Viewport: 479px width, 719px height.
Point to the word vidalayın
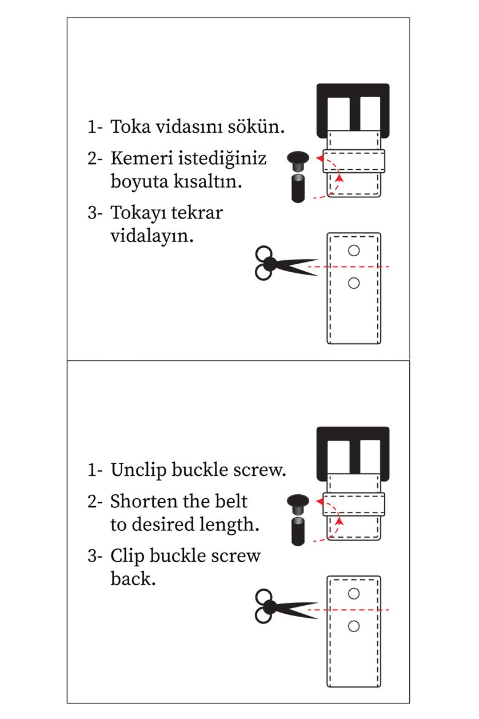[x=151, y=235]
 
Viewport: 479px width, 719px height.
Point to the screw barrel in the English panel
[x=297, y=531]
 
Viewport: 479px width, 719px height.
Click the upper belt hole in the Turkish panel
[x=354, y=250]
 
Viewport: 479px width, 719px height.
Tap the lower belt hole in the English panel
[x=354, y=626]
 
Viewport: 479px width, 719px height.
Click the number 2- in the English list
[x=95, y=502]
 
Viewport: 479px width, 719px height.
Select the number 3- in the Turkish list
[x=95, y=212]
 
